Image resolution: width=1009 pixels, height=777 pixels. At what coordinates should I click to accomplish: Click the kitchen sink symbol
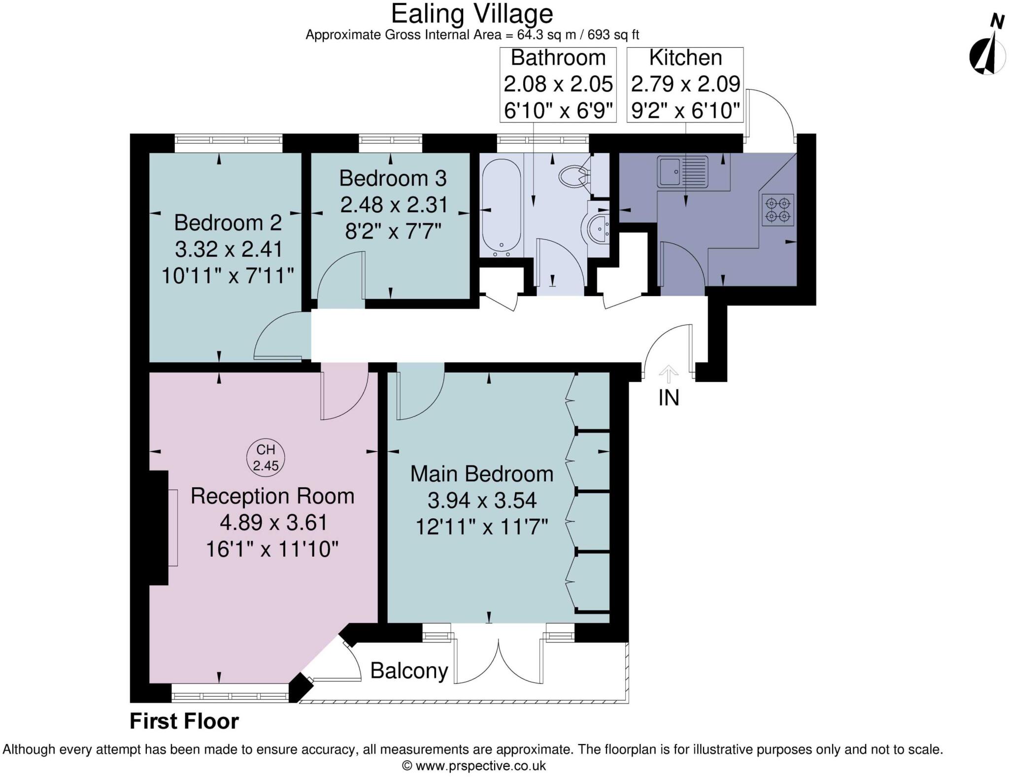click(682, 172)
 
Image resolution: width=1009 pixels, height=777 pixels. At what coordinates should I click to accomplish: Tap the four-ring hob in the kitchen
click(778, 210)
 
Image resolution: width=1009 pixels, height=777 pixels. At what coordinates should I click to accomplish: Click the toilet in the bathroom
click(572, 176)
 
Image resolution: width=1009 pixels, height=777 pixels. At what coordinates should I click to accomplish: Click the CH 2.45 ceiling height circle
click(266, 457)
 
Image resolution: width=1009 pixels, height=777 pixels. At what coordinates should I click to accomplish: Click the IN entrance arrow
click(668, 374)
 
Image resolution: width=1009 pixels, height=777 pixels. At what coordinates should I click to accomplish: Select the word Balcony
click(409, 671)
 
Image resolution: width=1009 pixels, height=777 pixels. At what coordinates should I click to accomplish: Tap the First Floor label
click(184, 721)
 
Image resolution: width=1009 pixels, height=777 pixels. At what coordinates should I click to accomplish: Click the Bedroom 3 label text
click(393, 178)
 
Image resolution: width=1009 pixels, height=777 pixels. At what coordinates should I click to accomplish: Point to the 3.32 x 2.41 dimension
click(229, 249)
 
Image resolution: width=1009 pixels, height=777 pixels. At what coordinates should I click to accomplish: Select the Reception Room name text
click(272, 496)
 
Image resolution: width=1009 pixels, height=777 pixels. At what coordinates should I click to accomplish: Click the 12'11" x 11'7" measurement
click(481, 527)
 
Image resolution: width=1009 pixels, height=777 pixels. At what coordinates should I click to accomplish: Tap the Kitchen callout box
click(685, 84)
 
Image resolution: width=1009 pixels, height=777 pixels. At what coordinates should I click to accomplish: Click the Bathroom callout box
click(558, 84)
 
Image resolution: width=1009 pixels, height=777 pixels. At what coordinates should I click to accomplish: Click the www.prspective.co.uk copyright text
click(473, 766)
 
